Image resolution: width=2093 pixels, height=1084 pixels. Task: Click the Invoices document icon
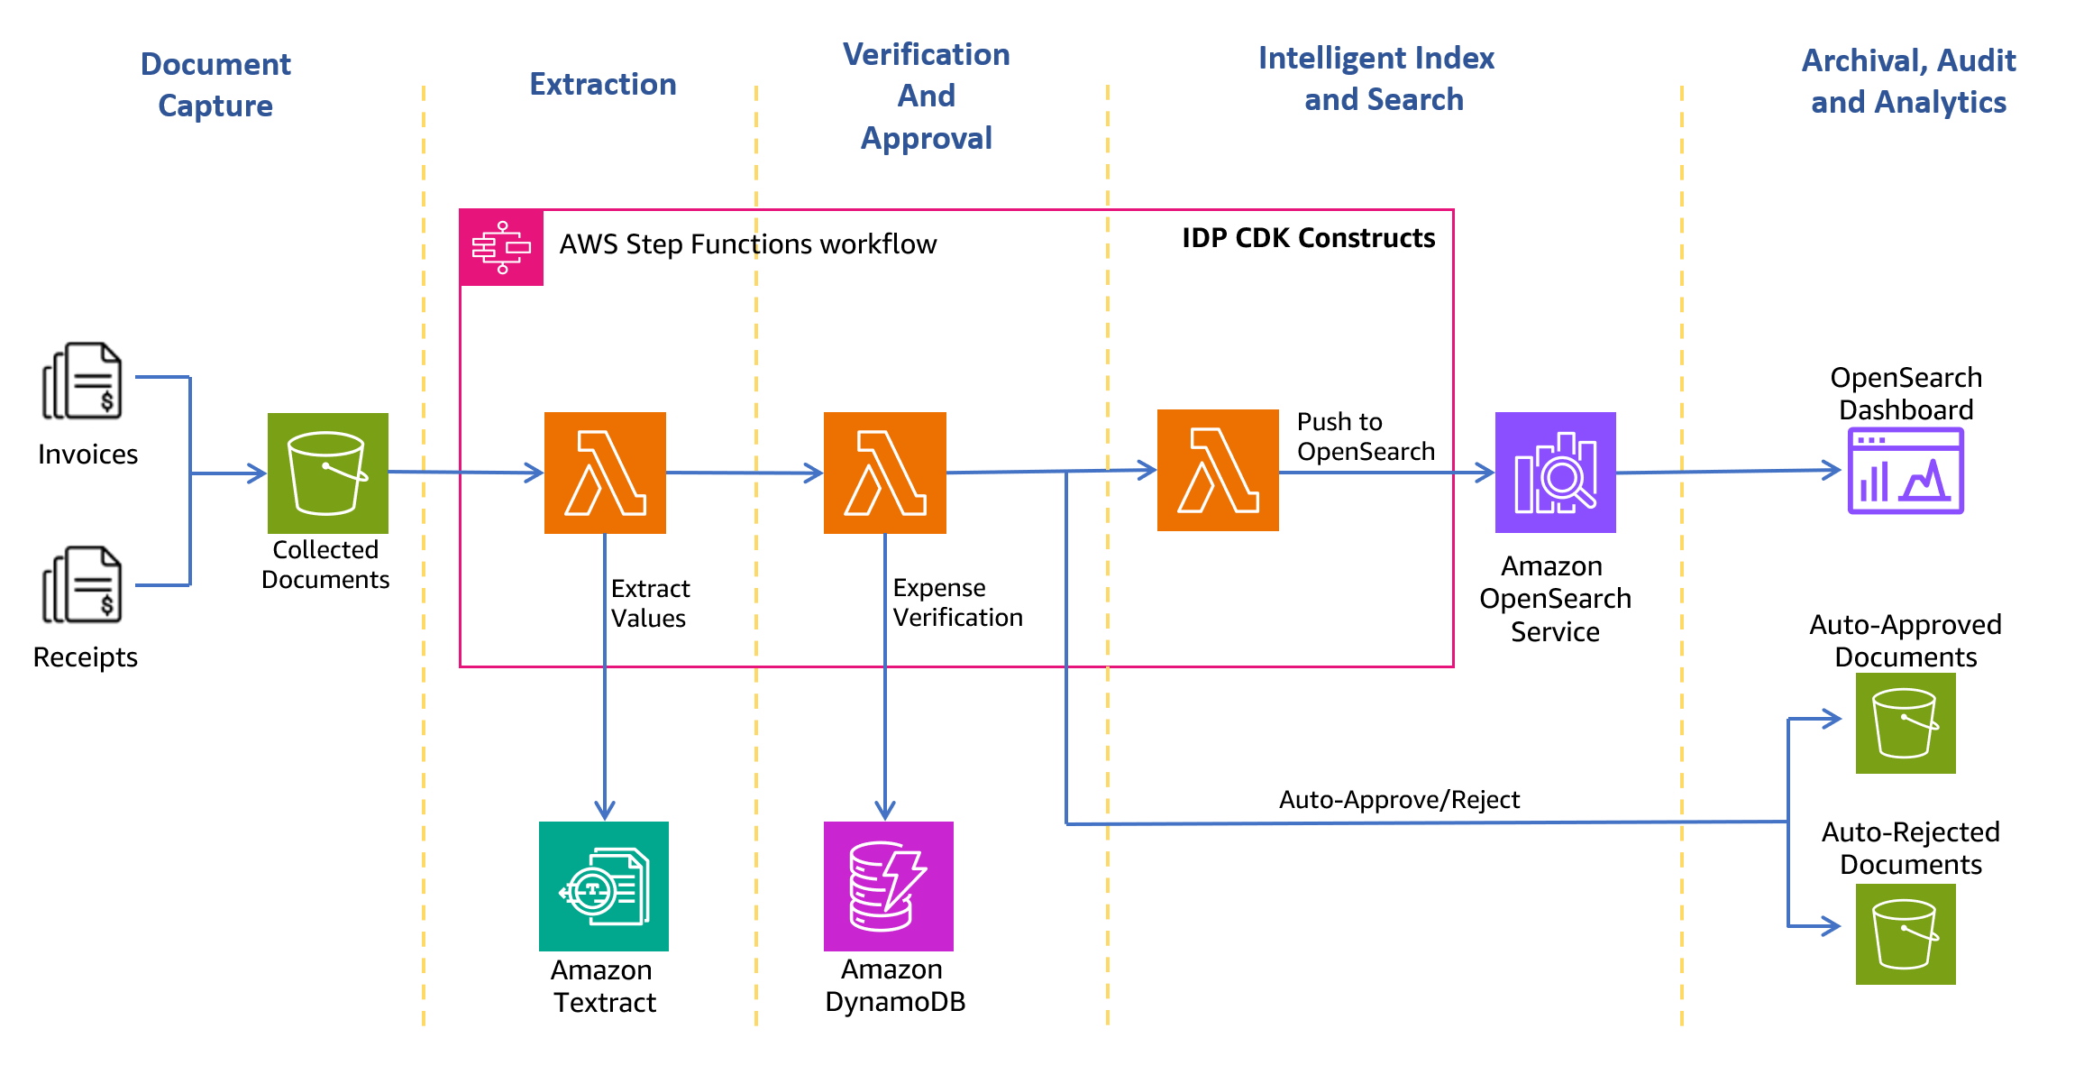tap(83, 381)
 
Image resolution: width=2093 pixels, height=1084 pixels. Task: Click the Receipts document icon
tap(83, 584)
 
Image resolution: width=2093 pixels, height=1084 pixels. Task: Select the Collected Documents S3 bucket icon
tap(327, 473)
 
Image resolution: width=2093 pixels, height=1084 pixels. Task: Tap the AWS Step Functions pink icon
tap(501, 247)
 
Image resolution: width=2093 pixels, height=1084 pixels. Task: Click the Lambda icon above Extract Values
tap(605, 473)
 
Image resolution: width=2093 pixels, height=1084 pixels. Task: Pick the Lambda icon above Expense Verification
tap(884, 473)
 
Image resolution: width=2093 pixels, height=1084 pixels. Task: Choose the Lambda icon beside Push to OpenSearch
tap(1218, 470)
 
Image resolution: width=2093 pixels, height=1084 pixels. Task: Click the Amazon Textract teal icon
tap(603, 886)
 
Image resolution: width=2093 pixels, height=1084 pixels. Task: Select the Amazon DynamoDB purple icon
tap(888, 886)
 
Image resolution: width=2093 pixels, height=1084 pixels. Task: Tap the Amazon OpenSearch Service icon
tap(1555, 473)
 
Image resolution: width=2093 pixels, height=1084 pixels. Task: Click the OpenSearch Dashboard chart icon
tap(1905, 471)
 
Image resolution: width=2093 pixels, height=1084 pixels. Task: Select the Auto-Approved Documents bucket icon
tap(1905, 723)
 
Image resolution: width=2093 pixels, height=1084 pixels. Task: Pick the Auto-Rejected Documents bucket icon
tap(1905, 933)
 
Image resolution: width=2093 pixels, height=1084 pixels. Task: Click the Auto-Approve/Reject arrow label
tap(1399, 800)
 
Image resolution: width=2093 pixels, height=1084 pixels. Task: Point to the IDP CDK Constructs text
tap(1308, 238)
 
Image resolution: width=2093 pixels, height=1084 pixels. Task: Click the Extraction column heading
tap(602, 84)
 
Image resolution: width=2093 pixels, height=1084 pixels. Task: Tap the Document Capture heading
tap(215, 85)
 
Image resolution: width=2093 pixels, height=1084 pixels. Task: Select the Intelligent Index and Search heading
tap(1377, 78)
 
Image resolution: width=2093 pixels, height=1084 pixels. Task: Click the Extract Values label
tap(650, 603)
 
